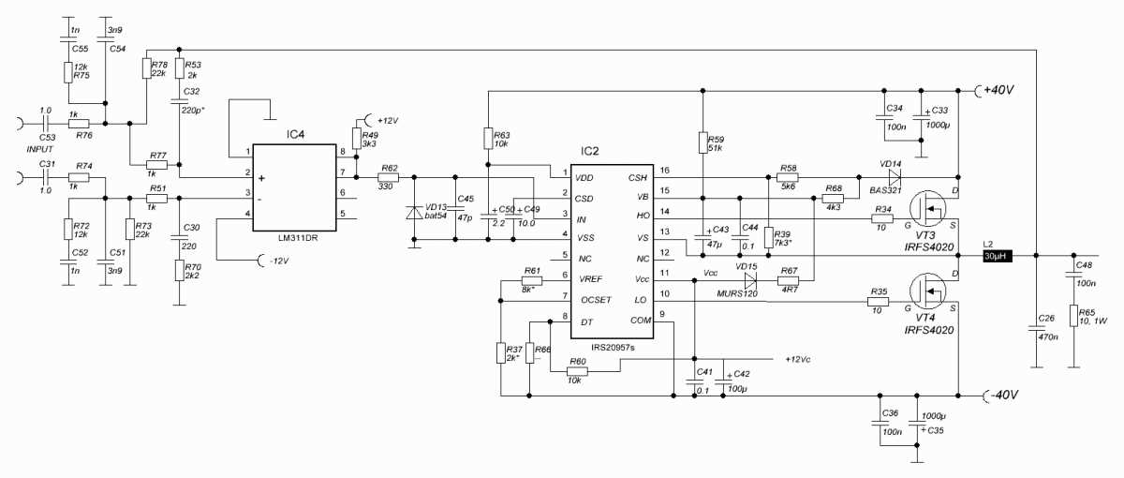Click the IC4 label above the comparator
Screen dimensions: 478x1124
coord(296,134)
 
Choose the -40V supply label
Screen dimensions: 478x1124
coord(1001,395)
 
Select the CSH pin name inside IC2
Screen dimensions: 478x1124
coord(638,175)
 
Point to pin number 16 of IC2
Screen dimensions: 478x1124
coord(664,171)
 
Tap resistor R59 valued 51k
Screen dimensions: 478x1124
coord(702,142)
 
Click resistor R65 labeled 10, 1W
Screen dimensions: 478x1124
coord(1074,317)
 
